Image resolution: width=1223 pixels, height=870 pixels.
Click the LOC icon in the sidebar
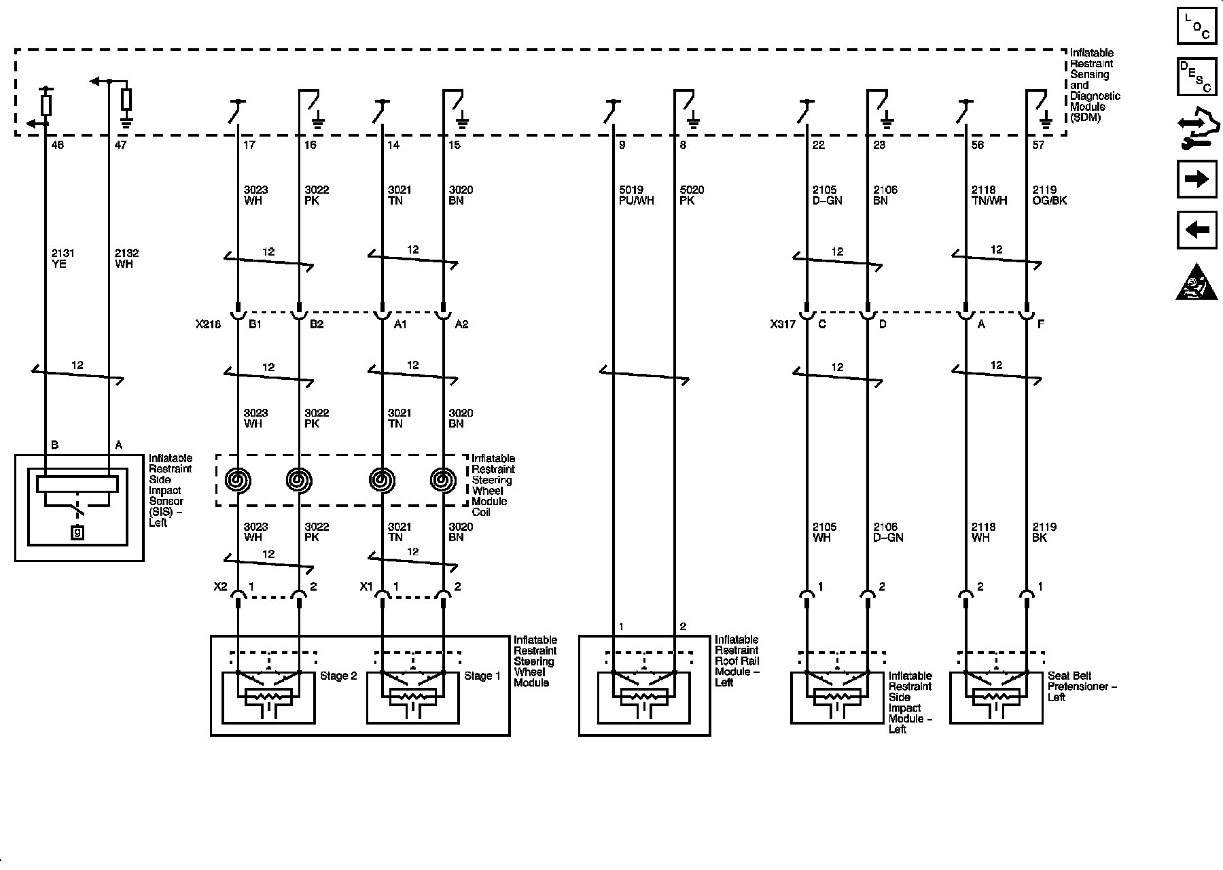coord(1197,26)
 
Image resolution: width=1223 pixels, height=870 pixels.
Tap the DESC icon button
coord(1197,76)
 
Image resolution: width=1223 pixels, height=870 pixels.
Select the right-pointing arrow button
coord(1197,179)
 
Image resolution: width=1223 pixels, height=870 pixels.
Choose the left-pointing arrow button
coord(1197,230)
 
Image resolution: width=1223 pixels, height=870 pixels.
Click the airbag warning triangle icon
coord(1196,282)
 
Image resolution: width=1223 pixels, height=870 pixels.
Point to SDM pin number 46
coord(58,145)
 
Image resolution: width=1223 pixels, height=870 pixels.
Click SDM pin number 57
coord(1038,145)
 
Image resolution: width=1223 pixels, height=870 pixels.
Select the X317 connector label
coord(783,325)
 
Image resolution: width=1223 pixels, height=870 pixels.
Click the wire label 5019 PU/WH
coord(636,196)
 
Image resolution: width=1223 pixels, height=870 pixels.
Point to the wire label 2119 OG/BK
coord(1050,196)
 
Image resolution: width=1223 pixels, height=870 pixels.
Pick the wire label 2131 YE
coord(63,259)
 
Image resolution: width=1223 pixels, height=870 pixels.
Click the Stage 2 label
coord(338,676)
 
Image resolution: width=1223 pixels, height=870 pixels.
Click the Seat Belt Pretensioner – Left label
coord(1082,686)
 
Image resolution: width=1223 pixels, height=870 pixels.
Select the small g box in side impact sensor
coord(77,533)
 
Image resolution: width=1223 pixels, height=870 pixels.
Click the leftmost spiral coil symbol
coord(238,481)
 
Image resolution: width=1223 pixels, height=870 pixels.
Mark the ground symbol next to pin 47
coord(126,123)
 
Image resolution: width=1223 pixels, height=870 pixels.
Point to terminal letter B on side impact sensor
coord(54,445)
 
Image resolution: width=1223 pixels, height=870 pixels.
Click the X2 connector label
coord(220,587)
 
